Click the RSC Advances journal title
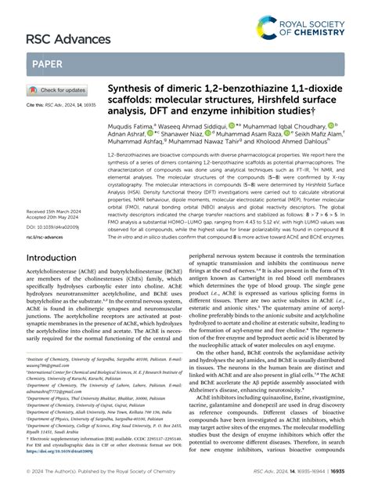tap(59, 38)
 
